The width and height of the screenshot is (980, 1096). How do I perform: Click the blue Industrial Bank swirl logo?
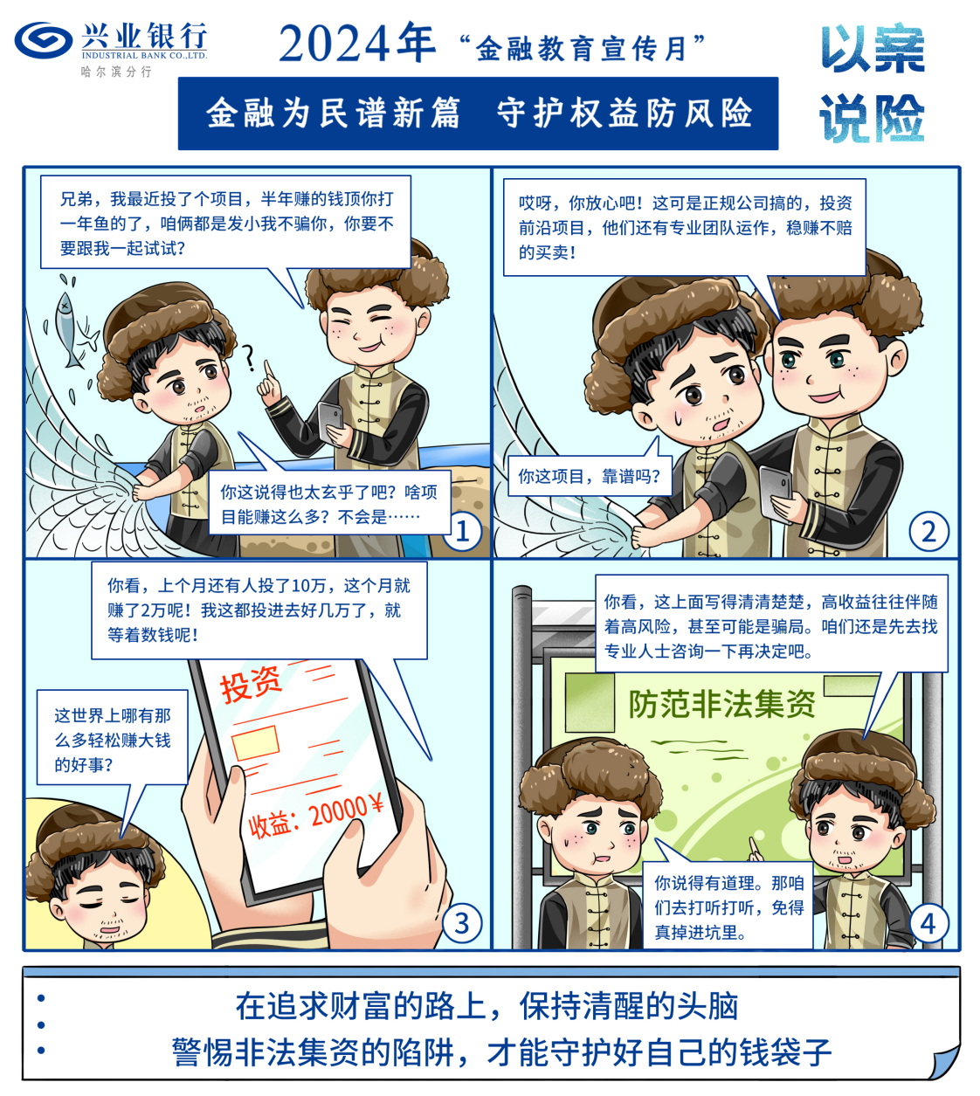coord(44,40)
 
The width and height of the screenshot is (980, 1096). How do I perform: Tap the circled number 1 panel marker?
coord(463,532)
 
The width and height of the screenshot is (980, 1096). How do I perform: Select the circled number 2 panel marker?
coord(928,532)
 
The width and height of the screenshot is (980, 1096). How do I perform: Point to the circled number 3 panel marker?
coord(462,923)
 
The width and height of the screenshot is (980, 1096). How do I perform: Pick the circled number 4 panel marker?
coord(928,923)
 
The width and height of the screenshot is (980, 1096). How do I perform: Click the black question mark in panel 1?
coord(249,358)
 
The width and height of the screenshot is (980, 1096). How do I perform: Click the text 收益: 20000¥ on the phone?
coord(315,815)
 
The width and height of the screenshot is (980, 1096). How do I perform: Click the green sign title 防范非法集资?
coord(721,705)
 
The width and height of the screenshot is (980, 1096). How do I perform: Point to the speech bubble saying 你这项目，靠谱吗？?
coord(590,472)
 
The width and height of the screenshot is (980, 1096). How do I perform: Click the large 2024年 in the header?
coord(357,44)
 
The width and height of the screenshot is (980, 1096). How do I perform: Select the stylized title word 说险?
coord(872,118)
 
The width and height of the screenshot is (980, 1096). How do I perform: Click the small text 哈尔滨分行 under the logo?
coord(116,72)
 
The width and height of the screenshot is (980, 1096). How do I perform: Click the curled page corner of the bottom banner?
coord(943,1060)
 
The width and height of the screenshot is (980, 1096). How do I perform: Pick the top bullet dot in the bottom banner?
coord(41,998)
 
